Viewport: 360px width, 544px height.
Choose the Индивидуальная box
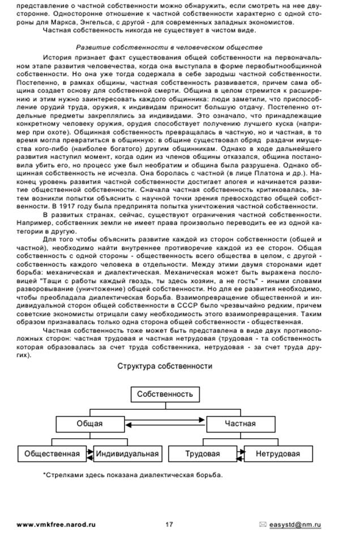point(127,454)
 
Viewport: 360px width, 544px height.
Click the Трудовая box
point(203,454)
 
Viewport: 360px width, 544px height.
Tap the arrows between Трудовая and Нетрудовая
point(241,454)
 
